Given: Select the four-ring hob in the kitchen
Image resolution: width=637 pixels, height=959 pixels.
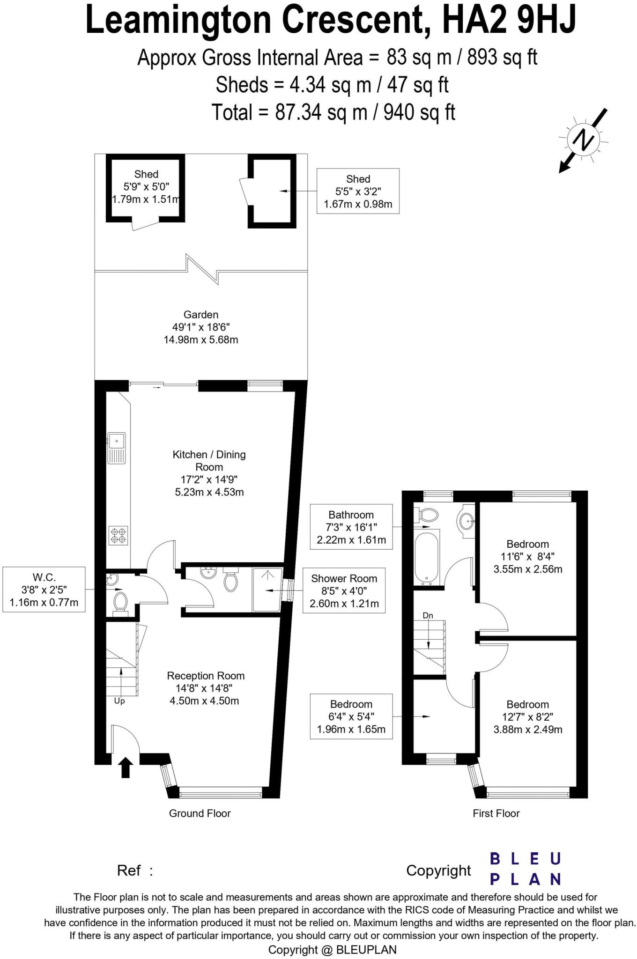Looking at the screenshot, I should pos(118,535).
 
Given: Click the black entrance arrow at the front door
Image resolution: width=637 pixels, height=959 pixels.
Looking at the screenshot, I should pos(125,768).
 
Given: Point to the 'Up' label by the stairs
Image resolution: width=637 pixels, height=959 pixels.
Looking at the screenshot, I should pos(119,701).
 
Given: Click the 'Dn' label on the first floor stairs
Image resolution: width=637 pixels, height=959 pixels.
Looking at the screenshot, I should pos(428,615).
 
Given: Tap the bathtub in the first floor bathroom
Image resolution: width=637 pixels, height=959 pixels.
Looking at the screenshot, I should pos(427,558).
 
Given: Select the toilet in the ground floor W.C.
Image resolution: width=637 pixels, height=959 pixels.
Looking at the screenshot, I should pos(121,602).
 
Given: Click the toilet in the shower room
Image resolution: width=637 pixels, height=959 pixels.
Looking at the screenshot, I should pos(230,580).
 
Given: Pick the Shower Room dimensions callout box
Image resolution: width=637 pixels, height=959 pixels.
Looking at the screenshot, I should pos(344,590).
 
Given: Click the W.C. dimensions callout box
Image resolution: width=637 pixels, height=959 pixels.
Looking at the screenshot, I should pos(44,589).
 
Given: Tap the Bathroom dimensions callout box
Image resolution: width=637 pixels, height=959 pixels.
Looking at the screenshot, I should pos(351,527).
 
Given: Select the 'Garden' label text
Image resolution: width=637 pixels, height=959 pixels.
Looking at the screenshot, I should pos(200,315).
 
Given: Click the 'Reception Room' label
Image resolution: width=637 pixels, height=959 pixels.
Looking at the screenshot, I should pos(206,676).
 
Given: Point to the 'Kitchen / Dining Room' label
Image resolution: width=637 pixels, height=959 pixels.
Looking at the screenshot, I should pos(209,460).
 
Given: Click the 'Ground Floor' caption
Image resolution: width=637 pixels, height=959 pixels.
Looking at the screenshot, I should pos(200,813).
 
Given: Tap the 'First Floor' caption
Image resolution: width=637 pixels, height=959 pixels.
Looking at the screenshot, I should pos(496,813).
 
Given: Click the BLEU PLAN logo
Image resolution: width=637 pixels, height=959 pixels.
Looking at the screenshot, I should pos(525,869).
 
